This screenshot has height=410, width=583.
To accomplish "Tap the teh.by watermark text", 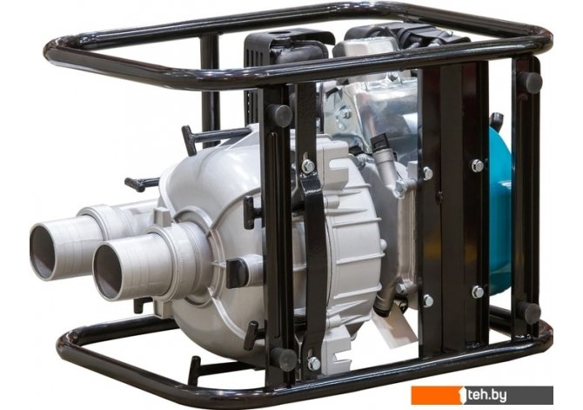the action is click(487, 395).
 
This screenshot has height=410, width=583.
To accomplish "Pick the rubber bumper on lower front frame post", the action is click(284, 359).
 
